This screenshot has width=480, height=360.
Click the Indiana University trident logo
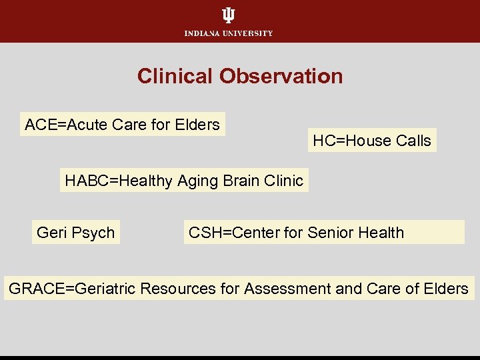click(229, 15)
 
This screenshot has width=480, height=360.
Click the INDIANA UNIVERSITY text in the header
click(229, 33)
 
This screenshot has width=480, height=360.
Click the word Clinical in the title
click(175, 76)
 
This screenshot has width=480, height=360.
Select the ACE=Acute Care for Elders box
click(123, 124)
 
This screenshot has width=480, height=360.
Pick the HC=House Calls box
click(372, 141)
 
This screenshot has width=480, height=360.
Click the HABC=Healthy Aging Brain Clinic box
click(184, 180)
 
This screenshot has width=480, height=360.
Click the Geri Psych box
click(76, 233)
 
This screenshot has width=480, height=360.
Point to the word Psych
click(93, 233)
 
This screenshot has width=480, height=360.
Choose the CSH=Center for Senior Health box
click(324, 233)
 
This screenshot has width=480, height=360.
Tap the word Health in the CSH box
click(381, 233)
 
